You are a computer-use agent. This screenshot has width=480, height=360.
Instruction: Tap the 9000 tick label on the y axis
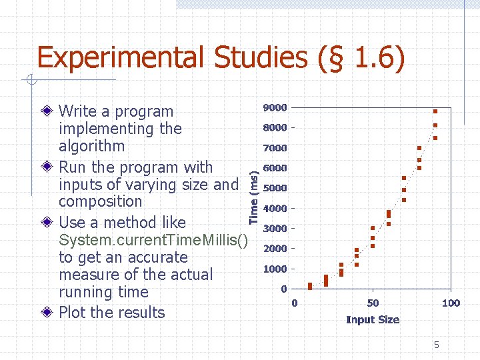pyautogui.click(x=275, y=107)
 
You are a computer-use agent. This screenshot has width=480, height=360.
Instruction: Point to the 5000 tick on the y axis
pyautogui.click(x=275, y=188)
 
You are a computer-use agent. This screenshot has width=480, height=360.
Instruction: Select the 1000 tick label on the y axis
pyautogui.click(x=275, y=269)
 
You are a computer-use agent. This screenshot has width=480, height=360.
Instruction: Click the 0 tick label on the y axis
pyautogui.click(x=284, y=289)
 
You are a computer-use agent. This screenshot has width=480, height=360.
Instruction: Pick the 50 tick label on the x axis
pyautogui.click(x=372, y=303)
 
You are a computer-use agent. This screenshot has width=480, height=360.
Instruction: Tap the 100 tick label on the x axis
pyautogui.click(x=451, y=303)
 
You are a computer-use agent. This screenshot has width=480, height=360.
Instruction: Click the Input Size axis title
pyautogui.click(x=372, y=320)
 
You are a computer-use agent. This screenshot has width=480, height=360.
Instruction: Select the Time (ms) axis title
pyautogui.click(x=254, y=194)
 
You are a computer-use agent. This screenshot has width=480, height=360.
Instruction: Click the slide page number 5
pyautogui.click(x=437, y=345)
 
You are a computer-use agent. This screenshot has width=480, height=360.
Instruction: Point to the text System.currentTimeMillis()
pyautogui.click(x=153, y=240)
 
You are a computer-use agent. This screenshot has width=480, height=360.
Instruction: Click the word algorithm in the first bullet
pyautogui.click(x=91, y=146)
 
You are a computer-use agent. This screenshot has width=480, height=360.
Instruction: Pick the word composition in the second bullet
pyautogui.click(x=100, y=201)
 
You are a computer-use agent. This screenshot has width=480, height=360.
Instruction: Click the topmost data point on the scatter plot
pyautogui.click(x=435, y=111)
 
